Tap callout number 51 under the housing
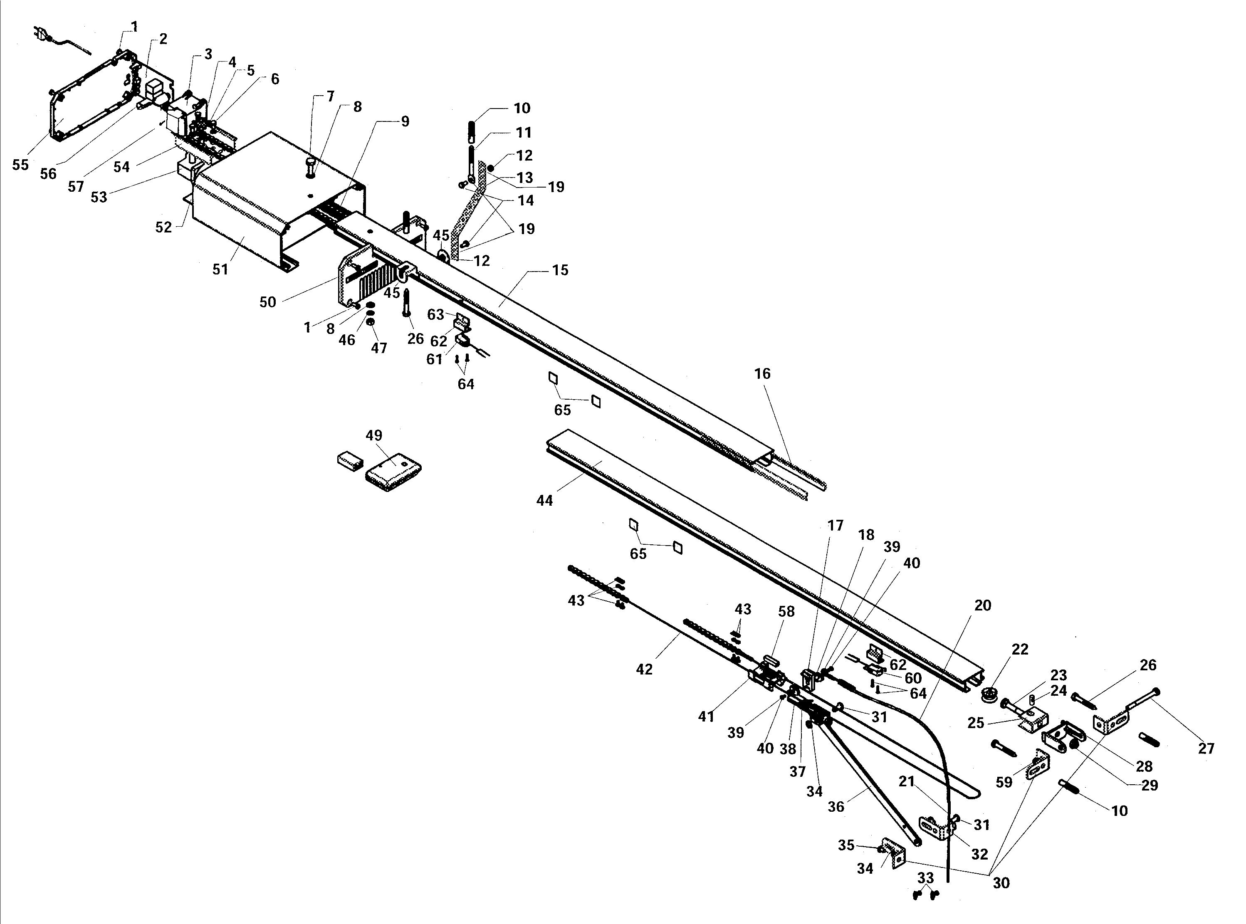pos(220,269)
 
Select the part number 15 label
pos(560,270)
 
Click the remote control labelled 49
pos(393,472)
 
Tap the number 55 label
pos(20,165)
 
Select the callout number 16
pos(763,373)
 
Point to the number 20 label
pos(983,606)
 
